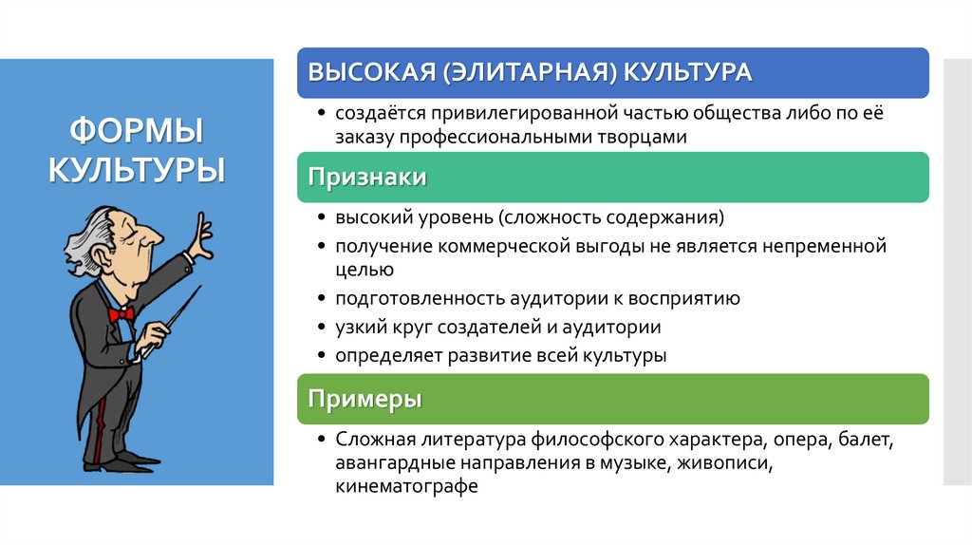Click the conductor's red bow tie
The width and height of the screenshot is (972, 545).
(121, 312)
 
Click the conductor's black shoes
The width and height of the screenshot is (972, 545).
(119, 462)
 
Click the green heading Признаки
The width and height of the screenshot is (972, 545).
(366, 178)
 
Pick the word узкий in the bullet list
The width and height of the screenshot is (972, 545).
(356, 328)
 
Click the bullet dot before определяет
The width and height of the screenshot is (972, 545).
(322, 357)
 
